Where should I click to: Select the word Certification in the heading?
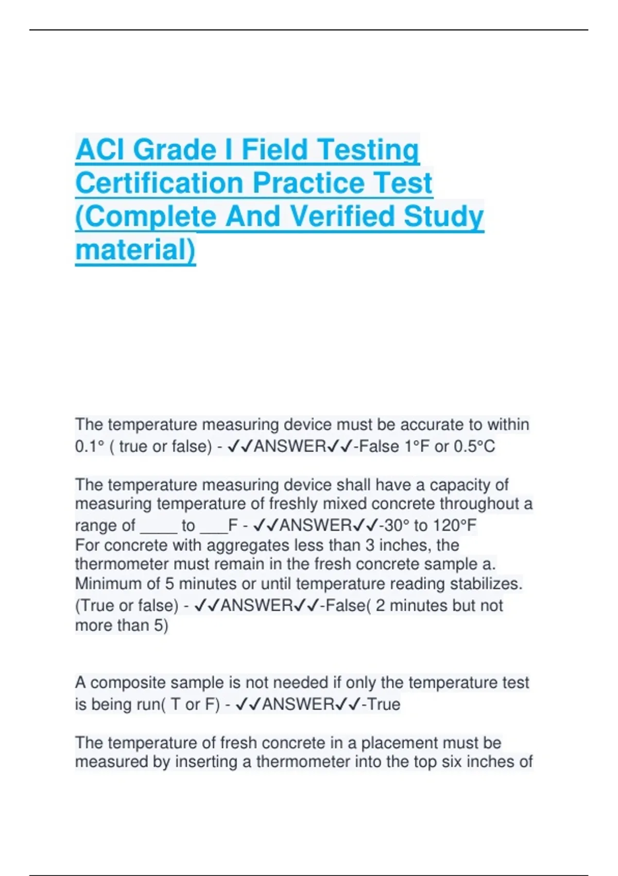pos(159,183)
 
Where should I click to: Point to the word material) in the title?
pos(135,250)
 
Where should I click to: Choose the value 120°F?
pos(455,526)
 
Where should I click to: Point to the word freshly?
pos(294,504)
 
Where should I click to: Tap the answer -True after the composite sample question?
pos(381,704)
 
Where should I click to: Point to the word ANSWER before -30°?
pos(315,526)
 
